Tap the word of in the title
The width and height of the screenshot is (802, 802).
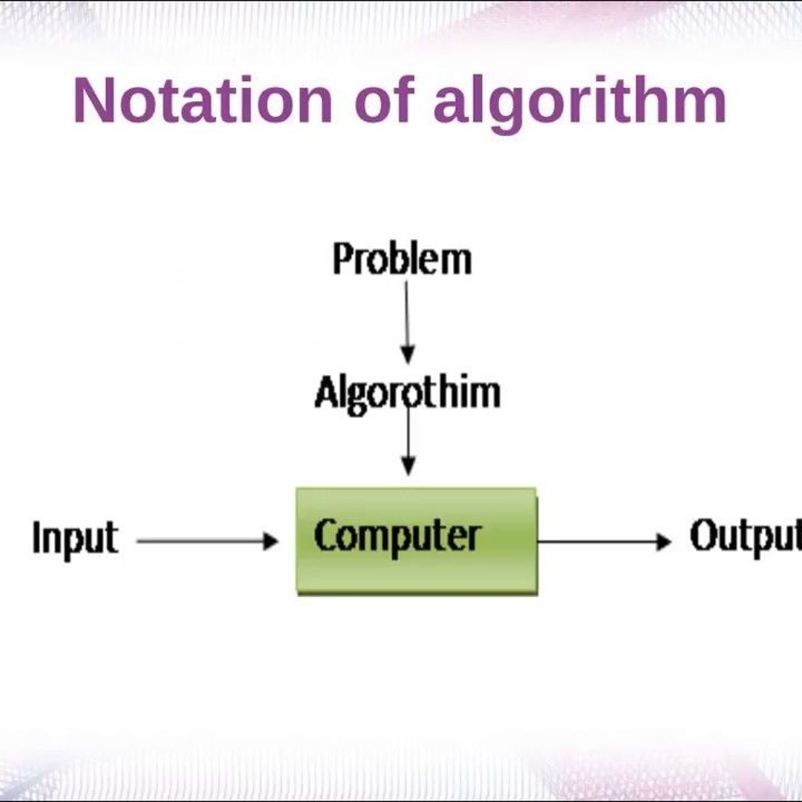coord(382,101)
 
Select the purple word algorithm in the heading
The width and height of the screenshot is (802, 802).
coord(579,102)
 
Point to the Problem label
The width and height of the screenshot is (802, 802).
coord(402,260)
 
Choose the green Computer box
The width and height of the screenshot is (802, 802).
coord(416,541)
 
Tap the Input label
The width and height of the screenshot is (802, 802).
coord(75,538)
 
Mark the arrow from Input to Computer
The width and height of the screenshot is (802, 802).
coord(206,541)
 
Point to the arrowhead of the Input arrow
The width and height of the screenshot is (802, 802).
coord(271,541)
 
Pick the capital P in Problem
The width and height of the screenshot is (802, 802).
coord(342,260)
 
